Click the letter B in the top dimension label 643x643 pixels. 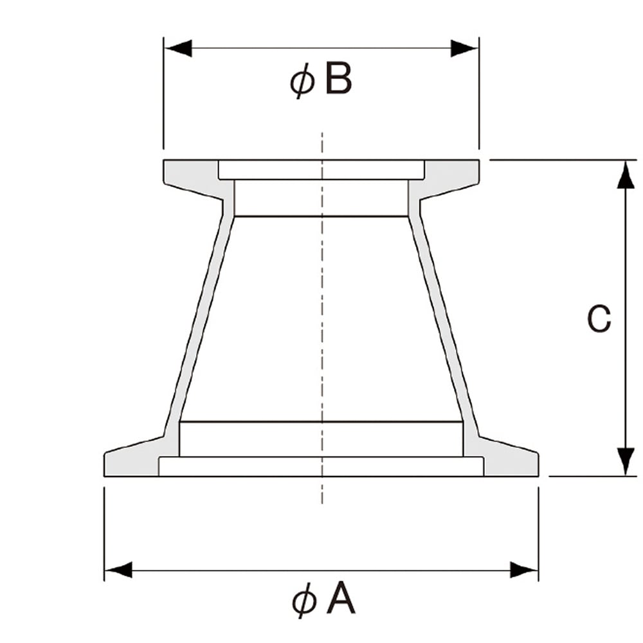(x=338, y=80)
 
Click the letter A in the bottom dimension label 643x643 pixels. (x=341, y=601)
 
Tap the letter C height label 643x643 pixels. (x=599, y=319)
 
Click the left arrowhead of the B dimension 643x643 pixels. (x=178, y=48)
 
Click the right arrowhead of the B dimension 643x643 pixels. (x=464, y=48)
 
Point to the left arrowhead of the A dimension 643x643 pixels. (x=118, y=570)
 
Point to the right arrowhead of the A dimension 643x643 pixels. (x=524, y=570)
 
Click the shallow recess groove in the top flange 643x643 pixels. (x=321, y=170)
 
